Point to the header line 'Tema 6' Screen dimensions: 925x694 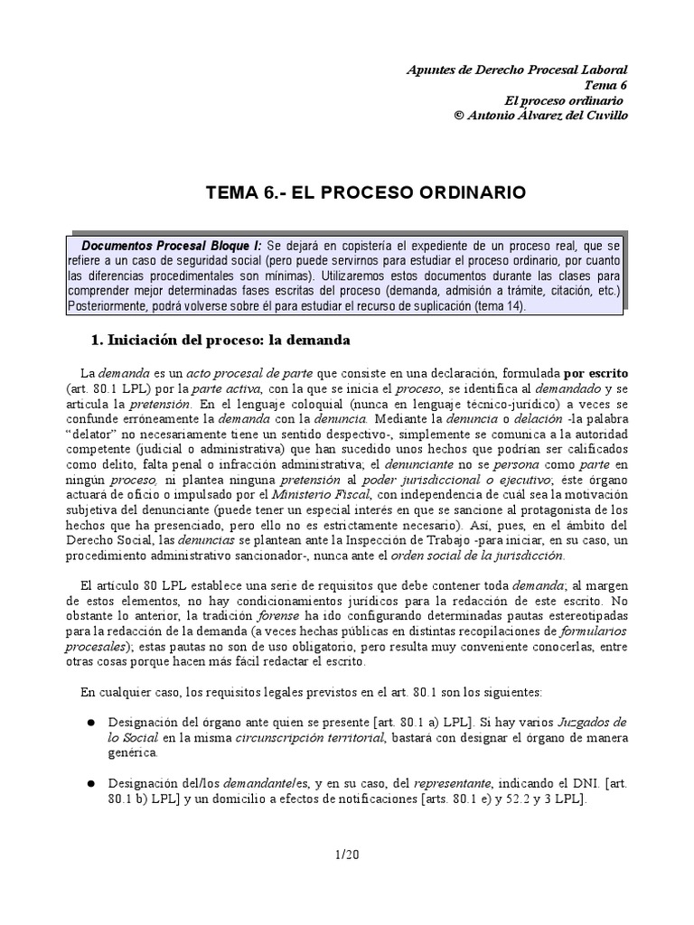click(606, 85)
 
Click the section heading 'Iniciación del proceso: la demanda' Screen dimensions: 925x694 click(220, 341)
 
